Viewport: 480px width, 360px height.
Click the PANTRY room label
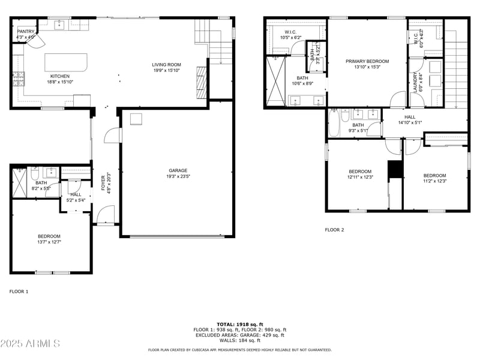(x=25, y=31)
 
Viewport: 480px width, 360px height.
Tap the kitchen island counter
(x=67, y=62)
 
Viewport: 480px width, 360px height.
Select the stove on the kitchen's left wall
(x=17, y=77)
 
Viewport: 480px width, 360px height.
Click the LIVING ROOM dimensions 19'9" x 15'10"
(x=166, y=70)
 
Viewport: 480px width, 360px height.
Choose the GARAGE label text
(x=177, y=170)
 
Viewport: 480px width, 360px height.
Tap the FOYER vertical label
(x=103, y=182)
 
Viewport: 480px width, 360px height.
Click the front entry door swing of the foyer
(x=106, y=214)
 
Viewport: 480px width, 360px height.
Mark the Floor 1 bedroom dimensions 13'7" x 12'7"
(x=49, y=242)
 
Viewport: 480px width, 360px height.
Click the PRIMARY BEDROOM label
(x=367, y=61)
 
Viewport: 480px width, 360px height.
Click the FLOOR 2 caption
(x=334, y=230)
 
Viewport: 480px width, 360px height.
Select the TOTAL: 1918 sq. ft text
(x=239, y=324)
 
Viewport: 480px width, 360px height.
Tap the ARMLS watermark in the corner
(x=30, y=344)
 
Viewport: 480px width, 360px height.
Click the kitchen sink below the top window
(x=59, y=25)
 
